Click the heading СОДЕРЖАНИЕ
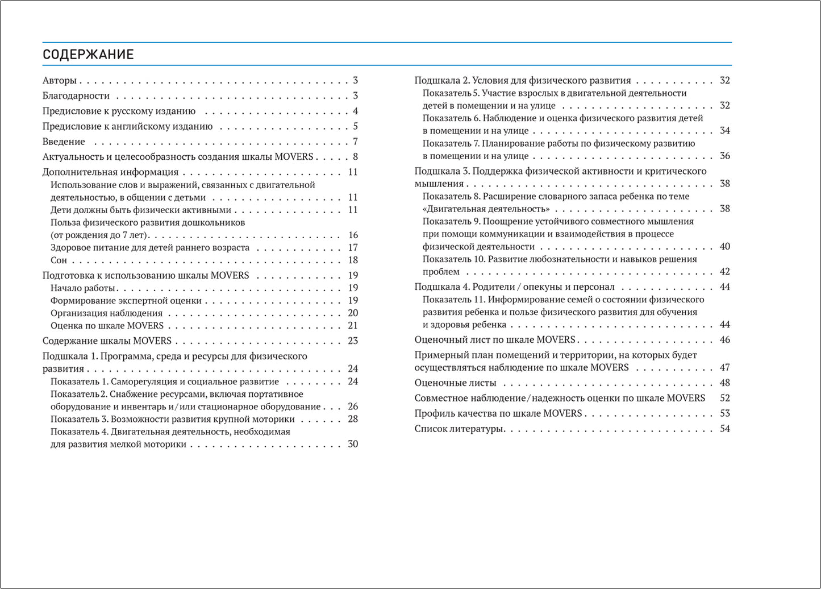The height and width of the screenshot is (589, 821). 88,55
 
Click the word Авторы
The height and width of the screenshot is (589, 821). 59,81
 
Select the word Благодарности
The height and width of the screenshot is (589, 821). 76,96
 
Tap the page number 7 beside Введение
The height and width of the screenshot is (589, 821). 355,142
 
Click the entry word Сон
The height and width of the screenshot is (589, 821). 59,260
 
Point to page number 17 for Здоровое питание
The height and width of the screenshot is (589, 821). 353,248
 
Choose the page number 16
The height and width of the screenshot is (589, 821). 353,235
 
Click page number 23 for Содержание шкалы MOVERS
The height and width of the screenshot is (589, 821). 353,341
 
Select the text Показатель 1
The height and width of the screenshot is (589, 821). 79,382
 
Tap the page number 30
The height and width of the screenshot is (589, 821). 353,445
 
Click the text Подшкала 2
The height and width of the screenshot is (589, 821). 441,81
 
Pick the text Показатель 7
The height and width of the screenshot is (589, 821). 451,144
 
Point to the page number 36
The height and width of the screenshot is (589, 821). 725,156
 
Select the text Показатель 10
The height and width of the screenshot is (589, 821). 453,259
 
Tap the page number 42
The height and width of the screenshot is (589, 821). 725,272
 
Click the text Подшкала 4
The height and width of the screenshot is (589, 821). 441,287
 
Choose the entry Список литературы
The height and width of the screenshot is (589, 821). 459,429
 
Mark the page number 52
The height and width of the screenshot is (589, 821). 725,399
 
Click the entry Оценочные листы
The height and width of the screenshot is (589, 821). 455,383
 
